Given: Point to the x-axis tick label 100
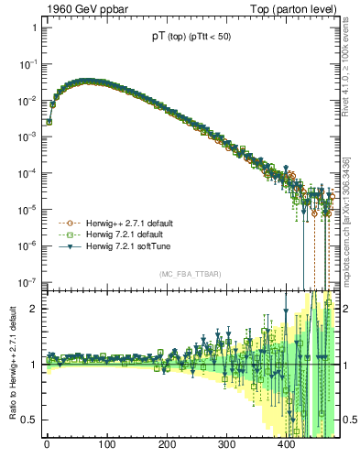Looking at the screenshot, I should [x=106, y=446].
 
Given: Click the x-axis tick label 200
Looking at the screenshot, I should [x=167, y=446].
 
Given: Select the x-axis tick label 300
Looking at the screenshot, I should [x=226, y=446].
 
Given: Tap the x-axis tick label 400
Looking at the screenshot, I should [x=286, y=446].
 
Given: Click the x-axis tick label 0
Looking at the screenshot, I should [x=47, y=446].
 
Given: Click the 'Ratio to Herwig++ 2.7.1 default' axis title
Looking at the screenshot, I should [x=10, y=363].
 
